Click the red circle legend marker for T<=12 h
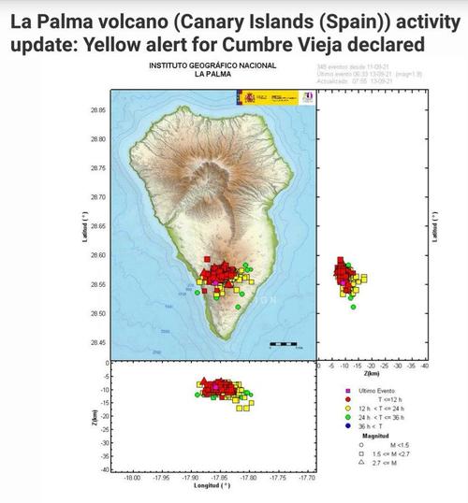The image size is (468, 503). pos(349,398)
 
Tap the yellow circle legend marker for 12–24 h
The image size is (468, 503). pos(349,408)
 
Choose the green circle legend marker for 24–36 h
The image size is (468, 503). pos(349,417)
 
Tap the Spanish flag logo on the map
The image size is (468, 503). pos(250,98)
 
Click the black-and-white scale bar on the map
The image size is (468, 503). pos(283,344)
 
